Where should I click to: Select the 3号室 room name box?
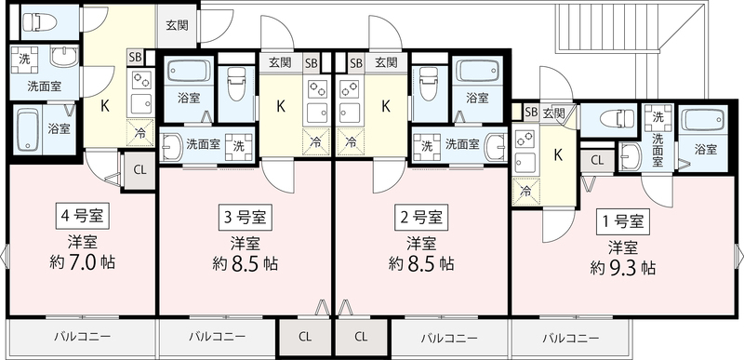pyautogui.click(x=244, y=219)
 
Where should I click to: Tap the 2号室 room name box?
pyautogui.click(x=423, y=219)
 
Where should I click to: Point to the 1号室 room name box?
pyautogui.click(x=622, y=221)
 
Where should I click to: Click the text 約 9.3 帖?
pyautogui.click(x=622, y=268)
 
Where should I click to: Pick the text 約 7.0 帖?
pyautogui.click(x=82, y=262)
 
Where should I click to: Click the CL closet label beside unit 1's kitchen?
pyautogui.click(x=597, y=159)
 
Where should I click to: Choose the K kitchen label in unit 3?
pyautogui.click(x=280, y=106)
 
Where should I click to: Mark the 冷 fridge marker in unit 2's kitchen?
pyautogui.click(x=351, y=142)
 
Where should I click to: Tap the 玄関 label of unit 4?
pyautogui.click(x=177, y=25)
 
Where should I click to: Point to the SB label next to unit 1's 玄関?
pyautogui.click(x=531, y=113)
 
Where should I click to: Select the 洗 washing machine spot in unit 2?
pyautogui.click(x=429, y=145)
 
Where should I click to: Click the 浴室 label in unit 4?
pyautogui.click(x=59, y=128)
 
